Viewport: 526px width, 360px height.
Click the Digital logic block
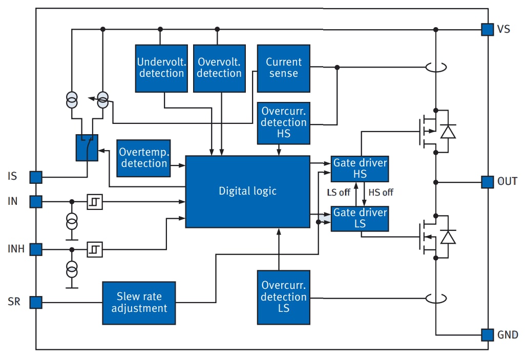(x=247, y=191)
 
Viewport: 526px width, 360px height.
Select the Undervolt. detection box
(x=160, y=68)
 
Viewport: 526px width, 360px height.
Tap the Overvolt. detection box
(x=219, y=68)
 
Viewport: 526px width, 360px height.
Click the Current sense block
(x=283, y=68)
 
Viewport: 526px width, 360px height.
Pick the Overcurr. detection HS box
(x=283, y=123)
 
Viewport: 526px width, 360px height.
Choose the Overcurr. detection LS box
(x=283, y=297)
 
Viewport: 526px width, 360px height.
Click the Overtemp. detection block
(x=143, y=158)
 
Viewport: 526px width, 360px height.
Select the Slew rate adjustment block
(x=139, y=303)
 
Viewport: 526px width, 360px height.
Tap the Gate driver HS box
(x=360, y=168)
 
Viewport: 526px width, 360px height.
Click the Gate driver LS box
(x=360, y=218)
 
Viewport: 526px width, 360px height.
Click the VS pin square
(x=487, y=29)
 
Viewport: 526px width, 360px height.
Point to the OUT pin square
(x=487, y=181)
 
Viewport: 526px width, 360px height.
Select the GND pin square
(x=487, y=335)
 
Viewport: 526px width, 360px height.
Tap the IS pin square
(x=35, y=177)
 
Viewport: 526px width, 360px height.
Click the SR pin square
(x=35, y=302)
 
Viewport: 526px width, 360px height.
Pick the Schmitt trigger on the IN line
(x=95, y=202)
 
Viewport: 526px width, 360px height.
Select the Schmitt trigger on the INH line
(x=95, y=250)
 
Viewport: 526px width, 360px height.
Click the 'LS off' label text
(x=339, y=193)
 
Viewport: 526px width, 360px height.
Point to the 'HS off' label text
(x=381, y=193)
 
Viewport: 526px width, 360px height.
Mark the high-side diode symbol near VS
(x=448, y=132)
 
